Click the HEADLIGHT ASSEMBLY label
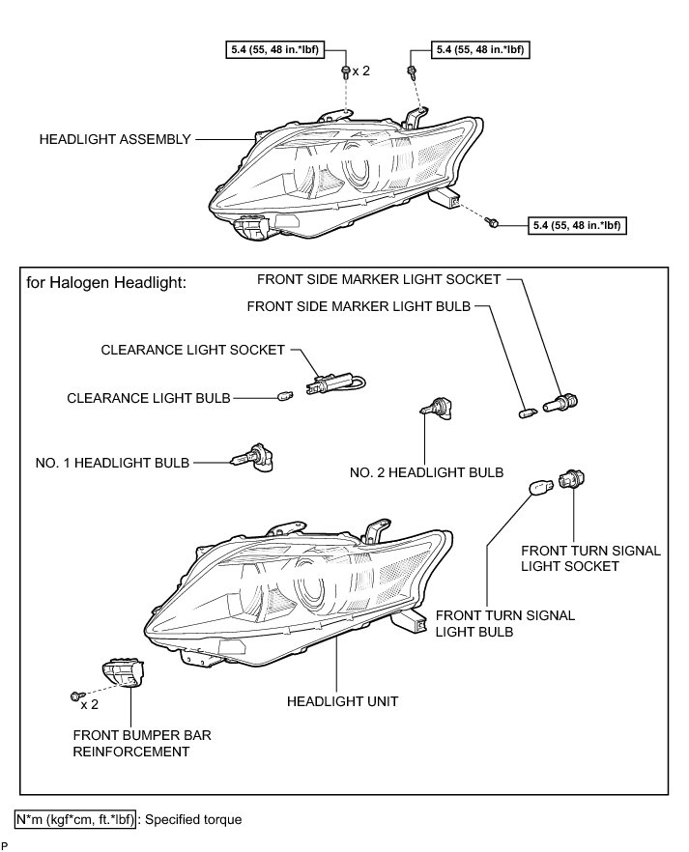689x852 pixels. click(x=115, y=139)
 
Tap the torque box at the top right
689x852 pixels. click(x=480, y=46)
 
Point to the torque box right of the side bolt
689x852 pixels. click(x=577, y=225)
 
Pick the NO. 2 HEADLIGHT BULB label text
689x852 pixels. click(x=426, y=472)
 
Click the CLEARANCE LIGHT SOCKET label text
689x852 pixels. click(x=192, y=351)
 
